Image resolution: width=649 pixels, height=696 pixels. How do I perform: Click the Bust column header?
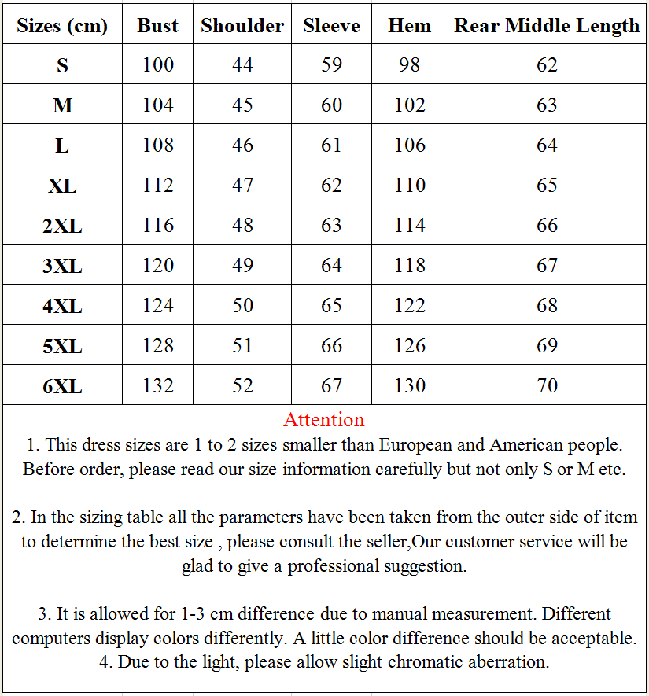pos(157,25)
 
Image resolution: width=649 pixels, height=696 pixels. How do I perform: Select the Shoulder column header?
pos(242,25)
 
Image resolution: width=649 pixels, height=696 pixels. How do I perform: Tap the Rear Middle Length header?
pos(547,25)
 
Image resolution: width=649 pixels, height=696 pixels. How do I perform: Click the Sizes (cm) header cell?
pos(62,25)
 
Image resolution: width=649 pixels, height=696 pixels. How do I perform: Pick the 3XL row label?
pos(62,266)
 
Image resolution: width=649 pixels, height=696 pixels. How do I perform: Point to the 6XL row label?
pos(62,386)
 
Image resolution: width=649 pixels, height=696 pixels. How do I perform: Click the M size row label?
pos(62,105)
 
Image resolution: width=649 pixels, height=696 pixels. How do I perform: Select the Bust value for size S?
pos(157,64)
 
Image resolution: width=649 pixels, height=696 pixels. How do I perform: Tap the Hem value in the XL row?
pos(409,185)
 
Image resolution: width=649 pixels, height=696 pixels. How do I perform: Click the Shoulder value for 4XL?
pos(242,305)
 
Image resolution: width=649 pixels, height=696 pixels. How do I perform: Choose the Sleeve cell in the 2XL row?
pos(331,226)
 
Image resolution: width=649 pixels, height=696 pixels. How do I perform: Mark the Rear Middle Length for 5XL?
pos(547,345)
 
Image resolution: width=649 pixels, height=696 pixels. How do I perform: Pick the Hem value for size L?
pos(409,145)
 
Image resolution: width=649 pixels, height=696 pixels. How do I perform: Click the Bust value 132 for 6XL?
pos(157,385)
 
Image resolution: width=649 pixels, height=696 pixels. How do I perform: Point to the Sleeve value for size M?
pos(331,105)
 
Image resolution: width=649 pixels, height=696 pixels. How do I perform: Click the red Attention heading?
pos(324,419)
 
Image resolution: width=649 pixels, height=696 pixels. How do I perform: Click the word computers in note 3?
pos(52,638)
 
